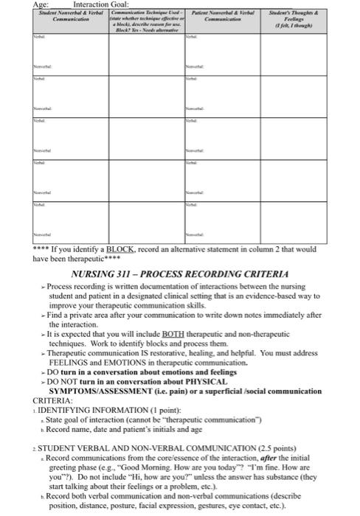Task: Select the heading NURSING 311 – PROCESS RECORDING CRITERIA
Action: [x=184, y=273]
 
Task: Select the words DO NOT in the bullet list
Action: [x=69, y=381]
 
